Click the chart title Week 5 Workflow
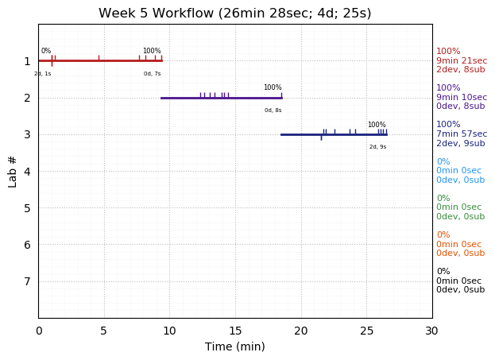click(234, 14)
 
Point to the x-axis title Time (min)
click(234, 346)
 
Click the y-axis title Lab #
click(13, 171)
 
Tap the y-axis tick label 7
click(27, 281)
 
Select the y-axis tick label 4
click(27, 171)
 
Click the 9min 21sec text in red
click(462, 60)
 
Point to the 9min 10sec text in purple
click(462, 98)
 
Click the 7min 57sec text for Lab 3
click(462, 134)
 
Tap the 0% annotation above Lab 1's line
click(46, 52)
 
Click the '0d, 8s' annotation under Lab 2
click(273, 110)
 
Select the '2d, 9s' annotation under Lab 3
click(377, 147)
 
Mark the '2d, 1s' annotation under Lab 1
click(42, 74)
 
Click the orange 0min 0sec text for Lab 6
click(458, 245)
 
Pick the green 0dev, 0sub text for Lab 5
click(460, 217)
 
